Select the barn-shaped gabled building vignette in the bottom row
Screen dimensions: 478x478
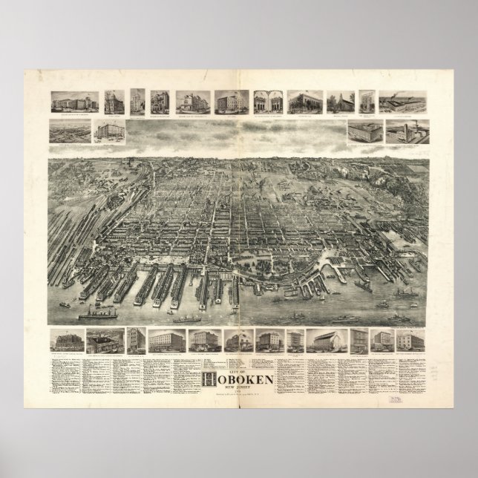click(327, 340)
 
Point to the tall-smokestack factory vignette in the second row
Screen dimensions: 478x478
click(405, 131)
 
